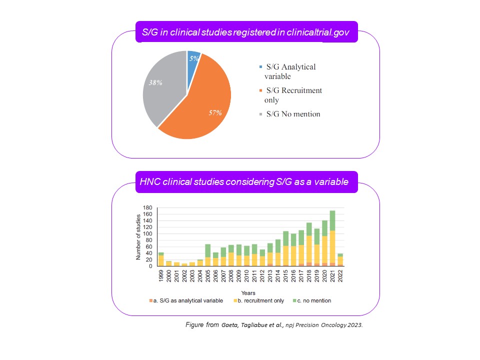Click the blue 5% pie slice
[193, 59]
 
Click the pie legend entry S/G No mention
[293, 114]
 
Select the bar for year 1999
[161, 259]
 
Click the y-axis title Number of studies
[138, 236]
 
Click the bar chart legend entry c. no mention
[313, 300]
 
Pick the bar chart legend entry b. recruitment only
[259, 300]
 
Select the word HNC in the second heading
[148, 181]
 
